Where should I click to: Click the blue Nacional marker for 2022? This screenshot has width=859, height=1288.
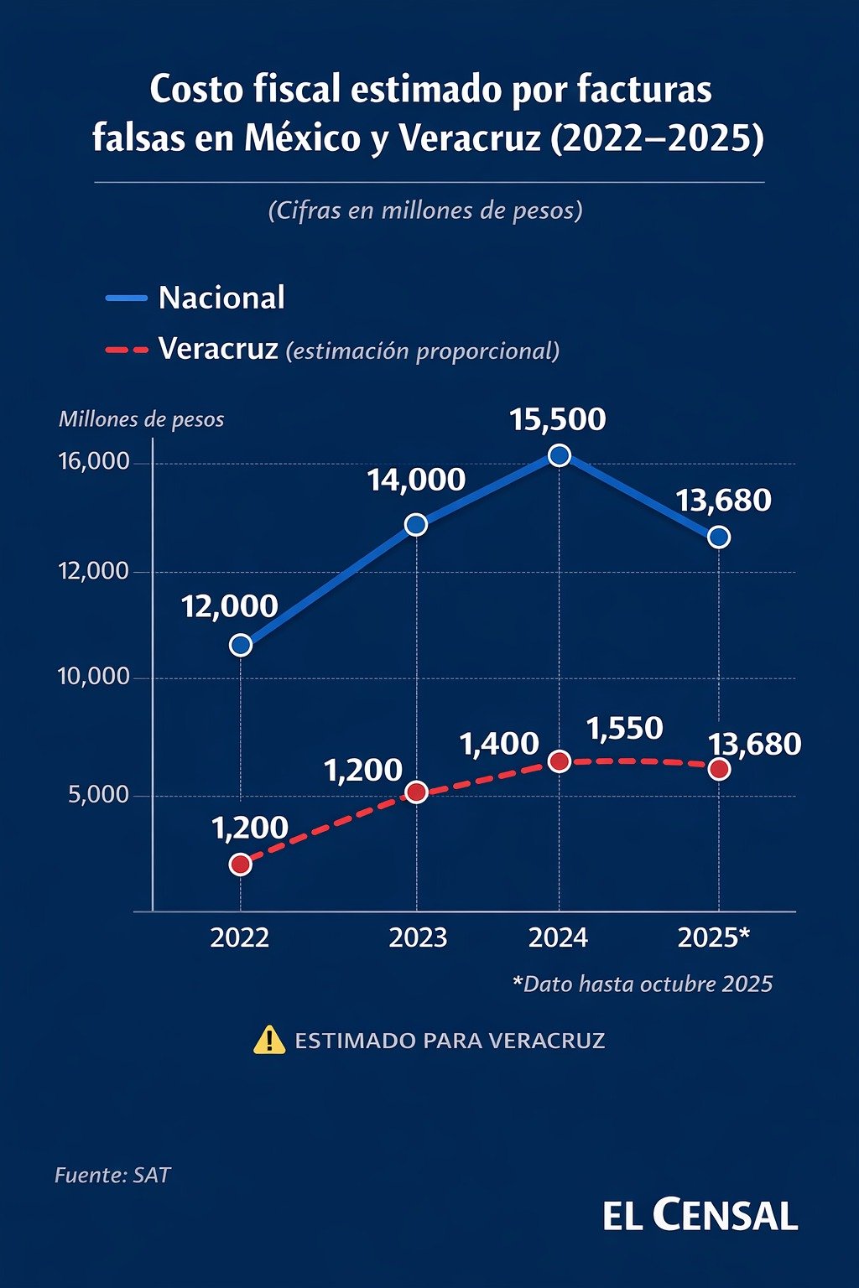tap(241, 645)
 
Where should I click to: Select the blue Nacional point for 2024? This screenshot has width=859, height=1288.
tap(560, 455)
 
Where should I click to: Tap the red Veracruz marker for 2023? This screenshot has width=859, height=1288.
tap(416, 792)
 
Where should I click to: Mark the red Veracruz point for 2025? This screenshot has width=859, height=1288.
tap(719, 769)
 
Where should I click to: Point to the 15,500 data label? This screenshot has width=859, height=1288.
tap(558, 419)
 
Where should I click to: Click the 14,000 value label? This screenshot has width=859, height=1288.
tap(416, 480)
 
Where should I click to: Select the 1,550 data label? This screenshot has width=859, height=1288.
tap(625, 729)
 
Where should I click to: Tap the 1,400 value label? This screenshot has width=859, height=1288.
tap(499, 744)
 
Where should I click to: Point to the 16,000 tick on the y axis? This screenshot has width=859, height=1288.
tap(94, 462)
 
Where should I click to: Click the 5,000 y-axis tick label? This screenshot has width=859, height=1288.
tap(99, 794)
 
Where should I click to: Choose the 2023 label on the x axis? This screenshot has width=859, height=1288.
tap(418, 937)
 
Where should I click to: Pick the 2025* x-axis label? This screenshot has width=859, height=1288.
tap(714, 937)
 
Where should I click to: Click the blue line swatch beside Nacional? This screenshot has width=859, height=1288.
tap(127, 298)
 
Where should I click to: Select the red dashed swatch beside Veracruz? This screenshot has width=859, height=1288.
tap(127, 350)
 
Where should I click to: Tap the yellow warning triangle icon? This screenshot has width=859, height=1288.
tap(269, 1041)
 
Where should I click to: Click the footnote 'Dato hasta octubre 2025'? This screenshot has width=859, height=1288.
tap(643, 984)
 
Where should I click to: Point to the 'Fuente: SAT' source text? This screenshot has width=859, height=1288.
tap(112, 1175)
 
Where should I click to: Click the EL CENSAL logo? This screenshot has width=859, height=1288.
tap(700, 1215)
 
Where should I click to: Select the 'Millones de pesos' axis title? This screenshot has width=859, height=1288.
tap(142, 419)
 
